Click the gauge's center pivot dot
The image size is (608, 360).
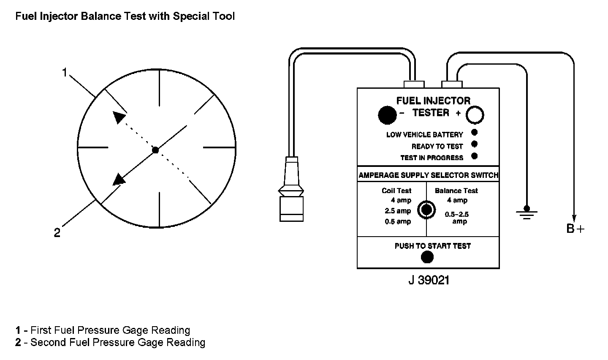click(155, 150)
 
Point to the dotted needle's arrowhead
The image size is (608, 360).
click(119, 117)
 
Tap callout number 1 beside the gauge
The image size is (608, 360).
click(65, 73)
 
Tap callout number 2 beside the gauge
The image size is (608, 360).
click(57, 233)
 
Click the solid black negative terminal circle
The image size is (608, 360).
click(387, 115)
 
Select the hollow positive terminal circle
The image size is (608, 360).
click(475, 115)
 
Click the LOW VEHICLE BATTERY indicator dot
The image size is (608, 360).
click(474, 133)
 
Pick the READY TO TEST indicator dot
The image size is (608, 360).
click(474, 144)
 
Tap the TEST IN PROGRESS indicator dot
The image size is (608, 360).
click(474, 156)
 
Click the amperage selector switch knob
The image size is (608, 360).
click(426, 210)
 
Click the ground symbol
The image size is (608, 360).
click(527, 213)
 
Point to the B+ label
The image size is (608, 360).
click(575, 229)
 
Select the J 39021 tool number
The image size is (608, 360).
click(428, 280)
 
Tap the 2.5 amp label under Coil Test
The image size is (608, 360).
click(398, 211)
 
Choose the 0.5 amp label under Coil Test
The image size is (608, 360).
click(398, 221)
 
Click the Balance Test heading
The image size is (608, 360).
click(456, 191)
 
